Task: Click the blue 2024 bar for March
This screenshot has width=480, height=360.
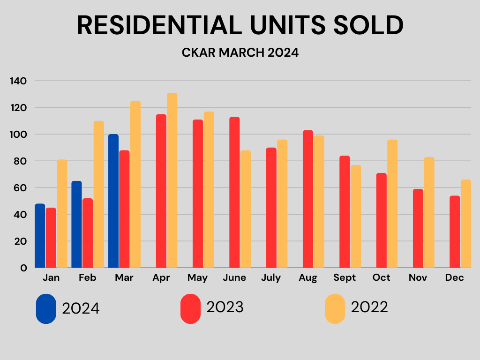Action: (x=113, y=201)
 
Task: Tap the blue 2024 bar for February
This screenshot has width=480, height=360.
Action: (x=76, y=225)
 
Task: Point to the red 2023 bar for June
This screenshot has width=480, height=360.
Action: (x=234, y=193)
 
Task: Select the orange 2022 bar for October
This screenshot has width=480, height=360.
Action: (x=392, y=204)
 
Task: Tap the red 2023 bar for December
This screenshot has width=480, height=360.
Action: (x=454, y=232)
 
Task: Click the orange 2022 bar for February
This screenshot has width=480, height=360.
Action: (x=98, y=195)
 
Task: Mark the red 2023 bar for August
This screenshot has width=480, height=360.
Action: (x=307, y=199)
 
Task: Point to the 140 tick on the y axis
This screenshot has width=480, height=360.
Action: (x=18, y=81)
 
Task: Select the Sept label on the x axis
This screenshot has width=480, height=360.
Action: (x=345, y=278)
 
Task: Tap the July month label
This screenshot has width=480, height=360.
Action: (x=271, y=278)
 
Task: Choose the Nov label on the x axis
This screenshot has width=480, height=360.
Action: (x=418, y=278)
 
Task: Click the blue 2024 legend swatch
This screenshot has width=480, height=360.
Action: (x=46, y=308)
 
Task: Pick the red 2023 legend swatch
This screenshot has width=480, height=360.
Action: (x=190, y=308)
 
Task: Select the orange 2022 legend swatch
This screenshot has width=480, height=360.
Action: (x=335, y=308)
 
